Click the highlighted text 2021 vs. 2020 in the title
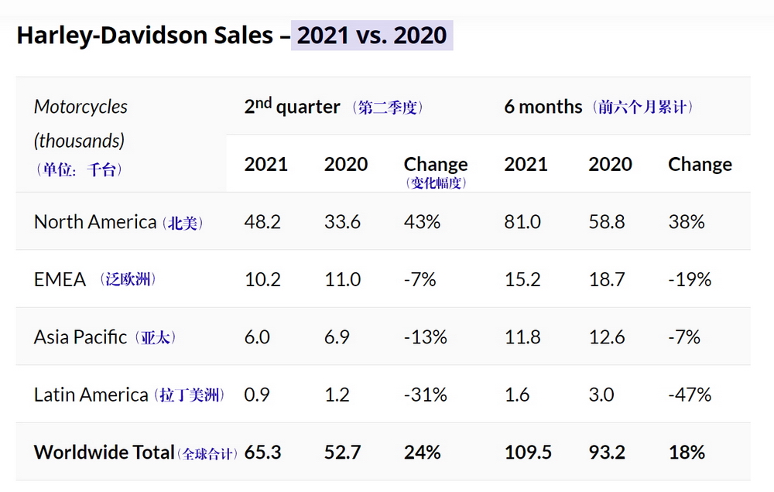pos(372,36)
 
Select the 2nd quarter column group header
pos(292,107)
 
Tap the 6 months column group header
pos(543,107)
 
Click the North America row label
pos(94,222)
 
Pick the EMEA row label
pos(60,279)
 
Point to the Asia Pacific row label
pos(80,337)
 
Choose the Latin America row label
pos(91,395)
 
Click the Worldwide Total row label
pos(104,452)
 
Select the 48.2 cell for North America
pos(262,222)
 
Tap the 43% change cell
pos(422,222)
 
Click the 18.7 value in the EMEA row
pos(607,279)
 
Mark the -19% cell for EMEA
pos(690,279)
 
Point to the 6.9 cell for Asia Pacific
pos(337,337)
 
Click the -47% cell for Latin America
pos(690,395)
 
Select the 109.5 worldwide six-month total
pos(528,452)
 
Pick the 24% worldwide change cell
pos(422,452)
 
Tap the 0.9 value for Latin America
pos(257,395)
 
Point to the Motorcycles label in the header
pos(80,107)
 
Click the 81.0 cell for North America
pos(522,222)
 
